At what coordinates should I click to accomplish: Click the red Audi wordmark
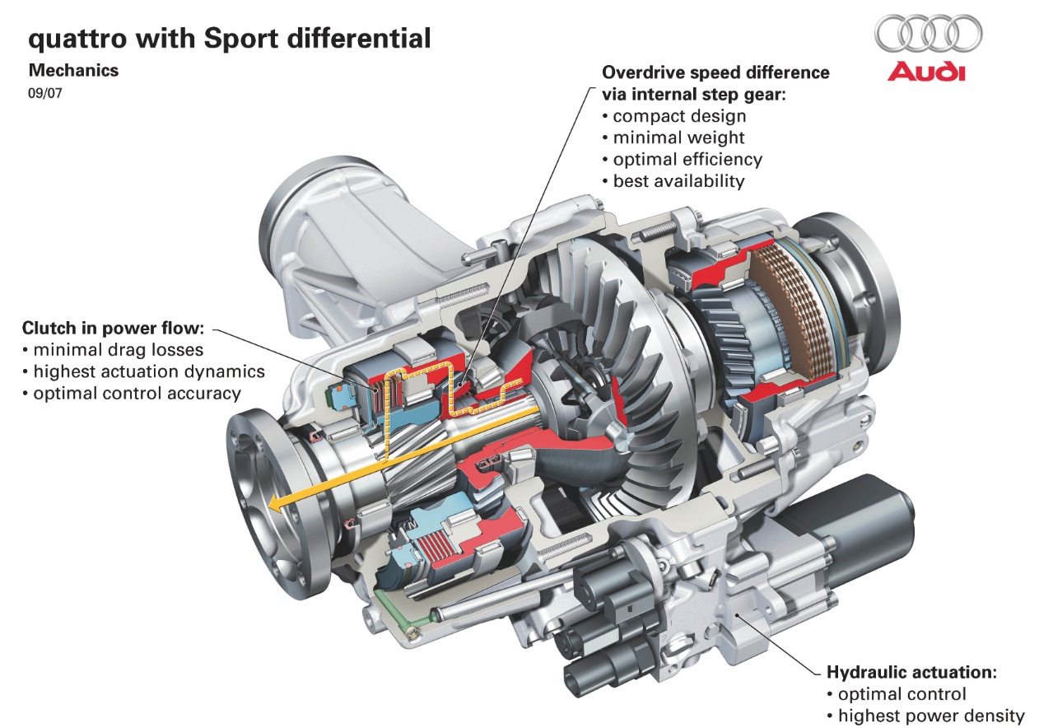point(926,72)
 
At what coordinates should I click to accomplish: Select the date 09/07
point(45,93)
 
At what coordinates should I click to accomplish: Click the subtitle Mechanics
point(73,71)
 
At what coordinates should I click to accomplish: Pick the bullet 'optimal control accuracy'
point(137,393)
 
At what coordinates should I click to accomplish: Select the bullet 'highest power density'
point(931,715)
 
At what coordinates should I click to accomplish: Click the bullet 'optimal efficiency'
point(687,159)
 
